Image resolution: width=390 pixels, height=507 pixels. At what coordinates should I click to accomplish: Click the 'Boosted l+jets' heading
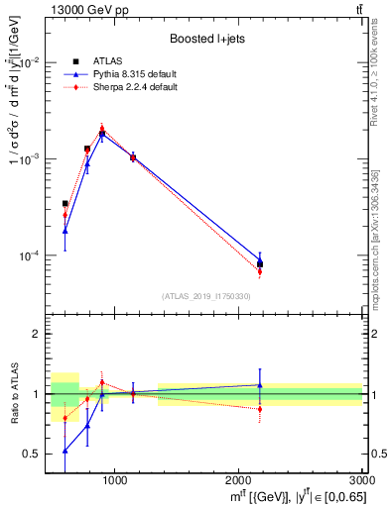(x=205, y=38)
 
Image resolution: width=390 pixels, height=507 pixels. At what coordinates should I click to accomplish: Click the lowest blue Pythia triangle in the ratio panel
(x=65, y=451)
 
